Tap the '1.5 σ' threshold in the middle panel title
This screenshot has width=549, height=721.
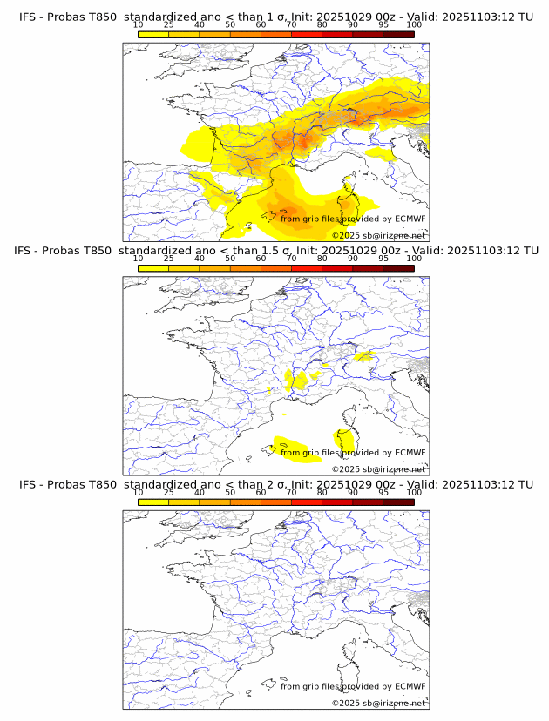293,251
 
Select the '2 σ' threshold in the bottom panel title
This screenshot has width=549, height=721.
288,484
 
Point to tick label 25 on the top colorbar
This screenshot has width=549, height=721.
169,26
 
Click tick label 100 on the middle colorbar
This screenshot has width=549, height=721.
414,259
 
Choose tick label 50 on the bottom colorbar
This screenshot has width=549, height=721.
230,493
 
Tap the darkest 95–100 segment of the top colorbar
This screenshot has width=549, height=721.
398,34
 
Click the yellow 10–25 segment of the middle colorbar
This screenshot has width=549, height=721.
153,268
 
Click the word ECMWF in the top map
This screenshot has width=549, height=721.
410,219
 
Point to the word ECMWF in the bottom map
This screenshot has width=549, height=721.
410,686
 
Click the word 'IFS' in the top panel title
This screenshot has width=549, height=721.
28,17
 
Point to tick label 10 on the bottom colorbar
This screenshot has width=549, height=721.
139,493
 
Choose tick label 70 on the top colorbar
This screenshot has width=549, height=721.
292,26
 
